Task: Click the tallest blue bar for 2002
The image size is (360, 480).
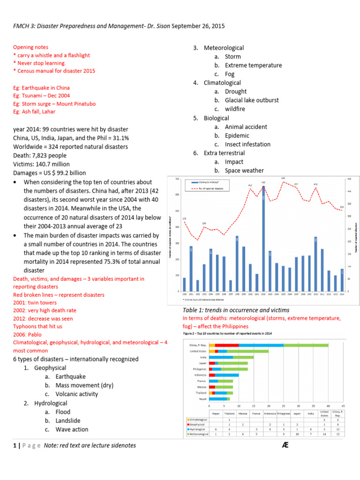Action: point(263,239)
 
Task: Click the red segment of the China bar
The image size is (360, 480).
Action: point(227,345)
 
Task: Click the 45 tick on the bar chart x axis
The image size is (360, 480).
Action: point(343,405)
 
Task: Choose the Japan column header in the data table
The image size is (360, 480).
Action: point(297,413)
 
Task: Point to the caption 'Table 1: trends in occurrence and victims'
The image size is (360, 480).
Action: point(236,310)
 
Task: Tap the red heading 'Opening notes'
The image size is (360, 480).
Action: point(30,47)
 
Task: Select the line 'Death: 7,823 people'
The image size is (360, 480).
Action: point(41,156)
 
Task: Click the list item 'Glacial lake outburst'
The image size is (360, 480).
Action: point(251,100)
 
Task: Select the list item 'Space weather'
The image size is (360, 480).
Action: point(244,171)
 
